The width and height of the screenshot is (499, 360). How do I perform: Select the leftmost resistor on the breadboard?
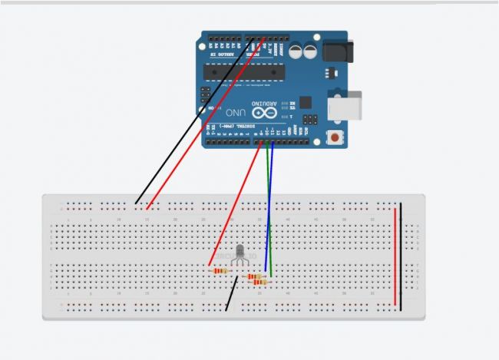tap(220, 270)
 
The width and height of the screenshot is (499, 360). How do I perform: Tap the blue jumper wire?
tap(269, 207)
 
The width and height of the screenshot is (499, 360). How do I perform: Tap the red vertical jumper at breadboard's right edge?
tap(395, 253)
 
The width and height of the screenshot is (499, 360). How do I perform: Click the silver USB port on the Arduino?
tap(339, 105)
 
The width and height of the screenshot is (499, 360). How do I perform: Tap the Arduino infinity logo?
tap(261, 112)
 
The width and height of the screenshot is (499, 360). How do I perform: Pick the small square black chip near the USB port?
tap(306, 101)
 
